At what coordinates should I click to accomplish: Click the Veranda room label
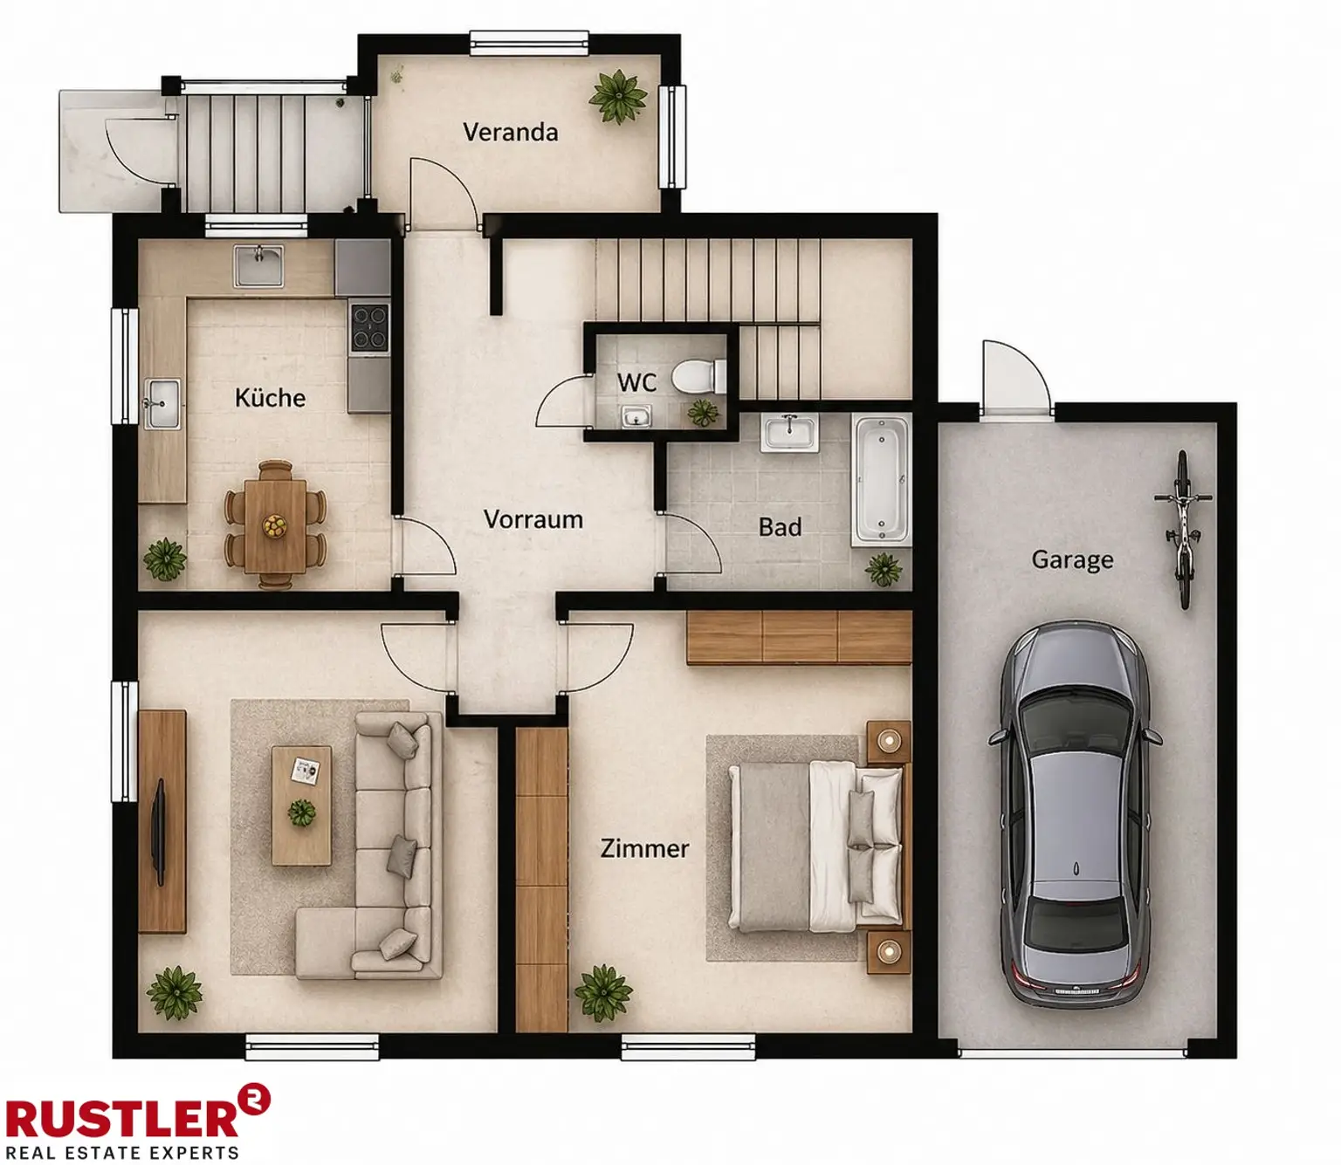[x=511, y=133]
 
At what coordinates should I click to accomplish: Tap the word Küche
[x=270, y=398]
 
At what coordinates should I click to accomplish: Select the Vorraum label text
[x=533, y=519]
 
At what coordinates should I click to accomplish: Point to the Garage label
[x=1072, y=560]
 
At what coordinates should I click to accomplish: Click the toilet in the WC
[x=698, y=375]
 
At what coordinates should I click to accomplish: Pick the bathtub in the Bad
[x=881, y=480]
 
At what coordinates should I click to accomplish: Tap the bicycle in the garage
[x=1183, y=529]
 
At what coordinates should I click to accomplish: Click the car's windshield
[x=1076, y=727]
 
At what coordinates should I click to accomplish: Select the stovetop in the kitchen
[x=369, y=326]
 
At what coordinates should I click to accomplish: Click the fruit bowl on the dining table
[x=274, y=526]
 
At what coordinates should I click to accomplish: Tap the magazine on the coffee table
[x=306, y=771]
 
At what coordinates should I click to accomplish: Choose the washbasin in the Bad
[x=790, y=432]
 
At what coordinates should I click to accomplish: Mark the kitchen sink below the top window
[x=259, y=266]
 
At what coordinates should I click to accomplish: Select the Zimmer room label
[x=644, y=849]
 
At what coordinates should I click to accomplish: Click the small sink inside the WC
[x=636, y=416]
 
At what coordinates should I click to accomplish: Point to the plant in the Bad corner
[x=884, y=569]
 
